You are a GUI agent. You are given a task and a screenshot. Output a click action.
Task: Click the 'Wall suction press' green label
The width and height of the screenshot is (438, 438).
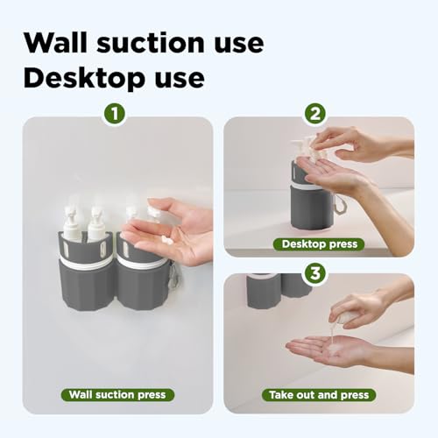[x=117, y=394]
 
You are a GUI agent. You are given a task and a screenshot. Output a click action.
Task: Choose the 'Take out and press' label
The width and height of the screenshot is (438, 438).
[x=319, y=394]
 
